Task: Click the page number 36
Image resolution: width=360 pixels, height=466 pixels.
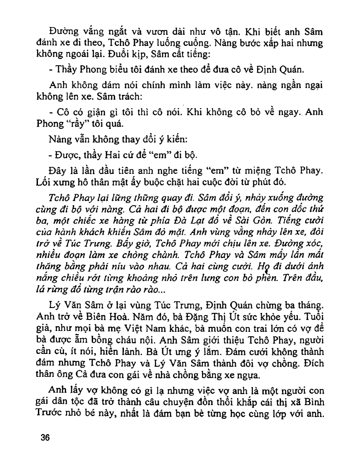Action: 45,438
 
